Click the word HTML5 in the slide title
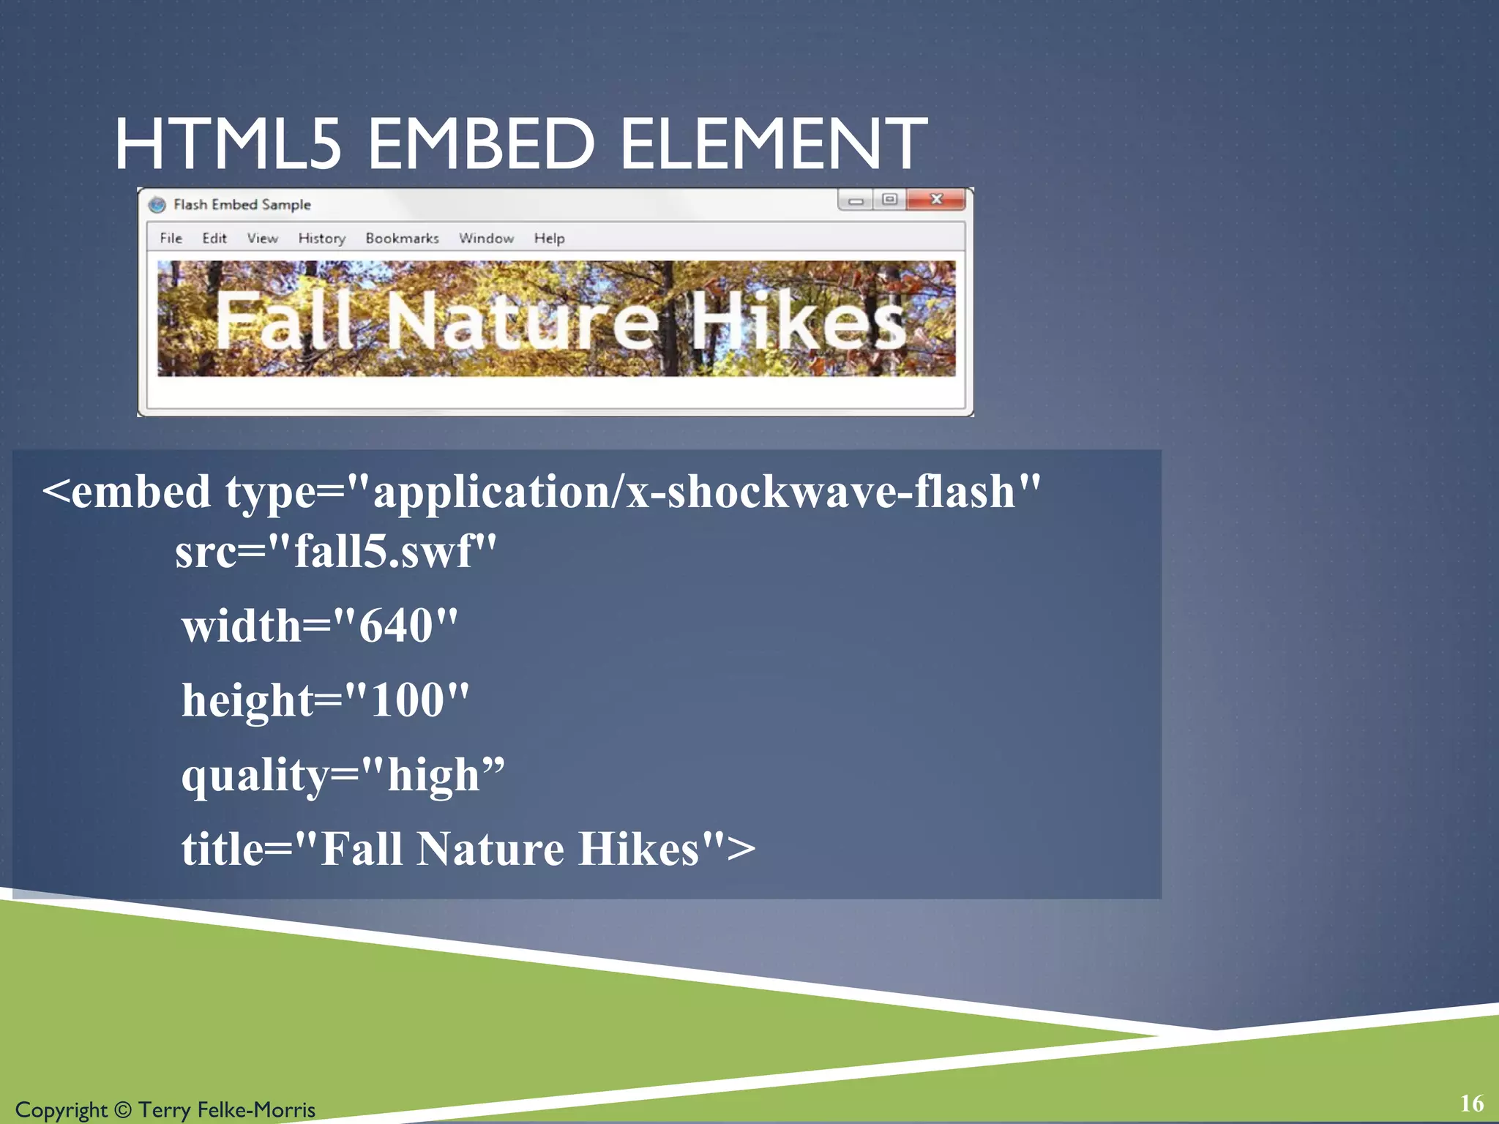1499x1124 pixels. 228,144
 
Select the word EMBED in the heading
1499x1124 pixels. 481,144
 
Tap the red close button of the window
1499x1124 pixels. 935,199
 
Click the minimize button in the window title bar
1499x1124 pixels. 855,201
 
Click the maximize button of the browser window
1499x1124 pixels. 889,199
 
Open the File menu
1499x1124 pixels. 171,239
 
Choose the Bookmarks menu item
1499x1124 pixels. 402,239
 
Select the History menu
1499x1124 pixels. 321,239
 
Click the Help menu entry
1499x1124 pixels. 549,239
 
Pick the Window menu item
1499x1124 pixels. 486,239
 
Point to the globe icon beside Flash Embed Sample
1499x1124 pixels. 157,205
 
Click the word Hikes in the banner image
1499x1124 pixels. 798,320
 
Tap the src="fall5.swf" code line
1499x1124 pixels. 335,551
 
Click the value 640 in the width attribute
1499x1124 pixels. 395,626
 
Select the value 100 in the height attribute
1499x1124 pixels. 407,700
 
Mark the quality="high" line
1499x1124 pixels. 343,775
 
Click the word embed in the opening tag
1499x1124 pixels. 141,492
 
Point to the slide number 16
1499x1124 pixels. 1471,1104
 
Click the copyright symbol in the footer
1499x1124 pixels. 122,1110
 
